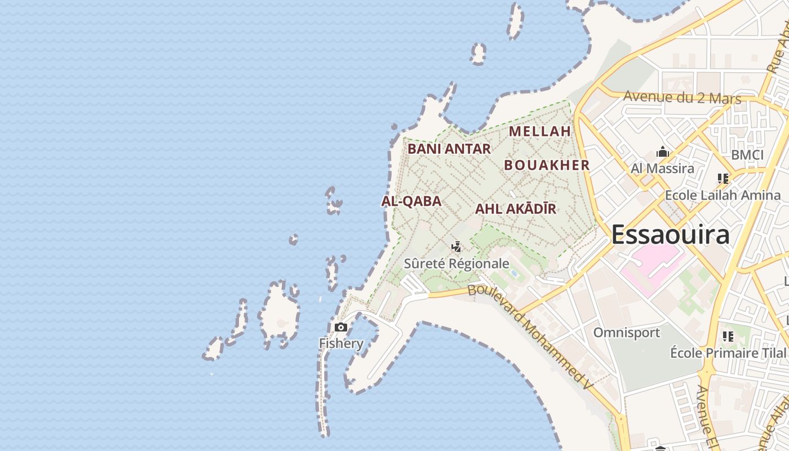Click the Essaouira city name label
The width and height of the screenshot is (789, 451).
670,235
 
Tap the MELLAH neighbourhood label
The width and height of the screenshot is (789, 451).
540,131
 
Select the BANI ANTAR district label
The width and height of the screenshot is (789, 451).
449,149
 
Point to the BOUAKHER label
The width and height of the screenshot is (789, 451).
547,165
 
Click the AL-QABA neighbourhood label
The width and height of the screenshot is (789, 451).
411,201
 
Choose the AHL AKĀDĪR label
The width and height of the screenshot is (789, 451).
516,209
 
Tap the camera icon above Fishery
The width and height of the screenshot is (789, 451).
340,328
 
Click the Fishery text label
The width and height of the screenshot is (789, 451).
341,343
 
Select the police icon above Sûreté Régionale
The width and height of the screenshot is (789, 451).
456,246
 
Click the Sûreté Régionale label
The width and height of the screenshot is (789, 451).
456,263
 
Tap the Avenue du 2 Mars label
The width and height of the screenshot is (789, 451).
682,97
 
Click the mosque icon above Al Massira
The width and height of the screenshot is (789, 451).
663,152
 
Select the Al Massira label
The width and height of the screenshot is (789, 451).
662,168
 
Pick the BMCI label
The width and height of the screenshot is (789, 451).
747,155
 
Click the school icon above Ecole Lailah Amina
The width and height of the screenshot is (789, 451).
723,179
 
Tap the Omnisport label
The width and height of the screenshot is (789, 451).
626,333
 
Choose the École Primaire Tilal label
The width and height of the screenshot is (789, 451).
728,353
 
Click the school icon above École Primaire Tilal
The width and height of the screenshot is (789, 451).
728,337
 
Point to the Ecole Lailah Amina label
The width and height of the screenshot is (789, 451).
723,195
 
